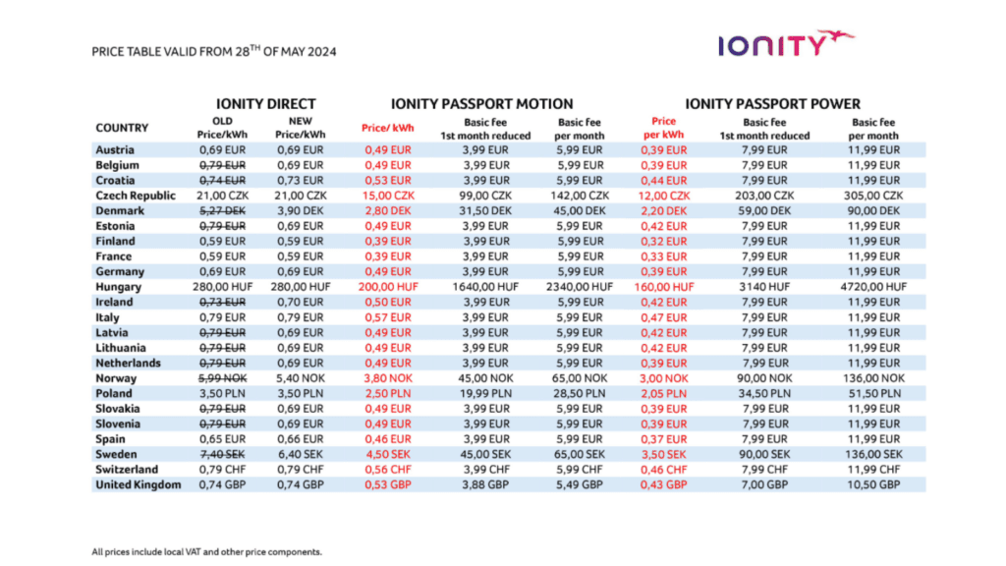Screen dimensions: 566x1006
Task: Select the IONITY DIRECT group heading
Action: (x=266, y=103)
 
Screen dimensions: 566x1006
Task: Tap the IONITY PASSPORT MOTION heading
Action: (x=482, y=103)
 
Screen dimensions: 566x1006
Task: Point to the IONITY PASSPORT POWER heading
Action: (x=772, y=103)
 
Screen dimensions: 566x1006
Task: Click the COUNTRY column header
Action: (x=122, y=128)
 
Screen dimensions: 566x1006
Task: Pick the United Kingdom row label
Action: (x=139, y=484)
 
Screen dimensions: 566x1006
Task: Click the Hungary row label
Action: (x=119, y=287)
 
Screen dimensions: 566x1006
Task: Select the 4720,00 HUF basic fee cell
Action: (x=874, y=287)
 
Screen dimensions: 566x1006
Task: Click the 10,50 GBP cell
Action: (x=874, y=484)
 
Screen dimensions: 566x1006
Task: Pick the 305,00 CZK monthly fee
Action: (x=874, y=196)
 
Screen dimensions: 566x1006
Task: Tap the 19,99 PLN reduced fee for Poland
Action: (x=485, y=393)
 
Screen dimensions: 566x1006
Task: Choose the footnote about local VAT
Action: (x=206, y=551)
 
